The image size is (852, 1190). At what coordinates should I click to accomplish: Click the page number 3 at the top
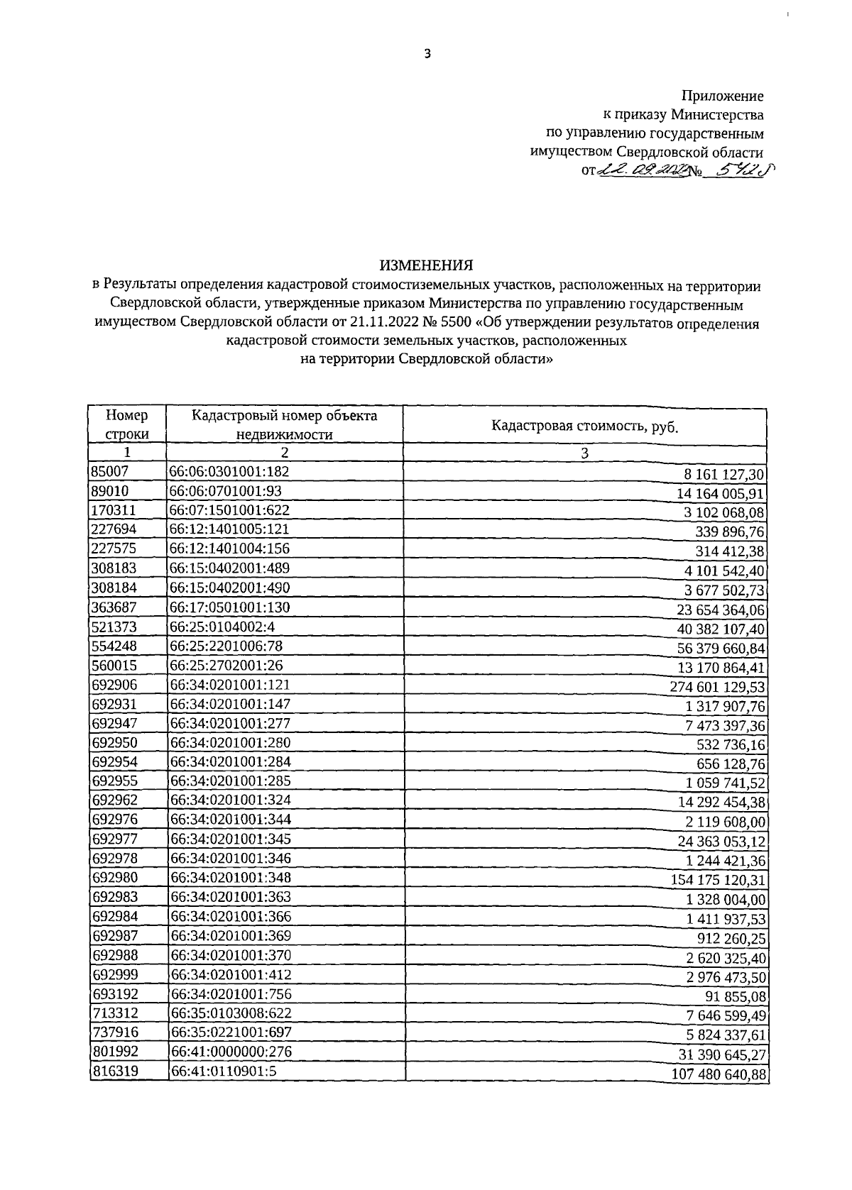click(427, 54)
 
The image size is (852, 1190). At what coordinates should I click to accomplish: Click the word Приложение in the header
click(722, 96)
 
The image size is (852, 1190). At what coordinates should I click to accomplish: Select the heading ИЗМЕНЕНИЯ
click(426, 265)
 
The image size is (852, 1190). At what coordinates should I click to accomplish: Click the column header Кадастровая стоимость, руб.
click(584, 426)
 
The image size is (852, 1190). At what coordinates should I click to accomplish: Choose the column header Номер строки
click(127, 425)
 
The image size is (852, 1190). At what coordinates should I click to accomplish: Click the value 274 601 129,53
click(718, 687)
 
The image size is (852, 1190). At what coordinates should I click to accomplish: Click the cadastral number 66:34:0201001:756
click(230, 994)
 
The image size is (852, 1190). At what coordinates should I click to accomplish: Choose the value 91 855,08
click(736, 997)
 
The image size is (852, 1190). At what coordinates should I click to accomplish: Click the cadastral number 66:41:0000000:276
click(230, 1052)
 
